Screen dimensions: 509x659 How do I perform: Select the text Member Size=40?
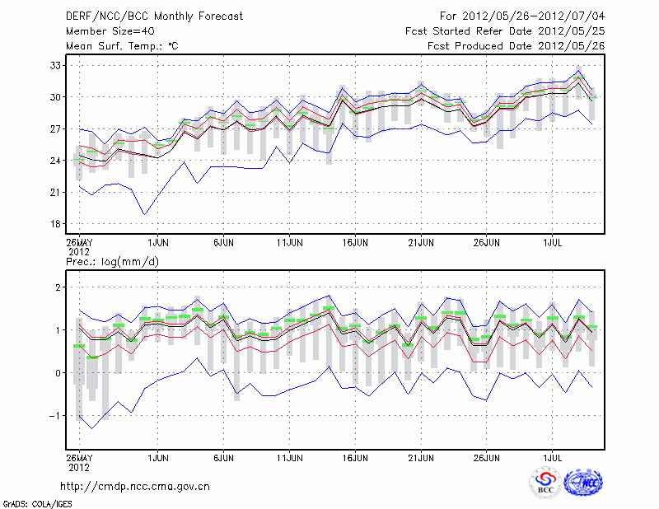click(x=106, y=31)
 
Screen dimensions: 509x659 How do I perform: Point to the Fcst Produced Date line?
click(x=516, y=46)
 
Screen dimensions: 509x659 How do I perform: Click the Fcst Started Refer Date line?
click(x=505, y=31)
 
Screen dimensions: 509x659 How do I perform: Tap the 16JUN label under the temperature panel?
click(x=355, y=242)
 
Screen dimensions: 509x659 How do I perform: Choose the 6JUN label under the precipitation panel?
click(x=223, y=455)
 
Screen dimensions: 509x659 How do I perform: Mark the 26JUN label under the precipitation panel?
click(x=487, y=455)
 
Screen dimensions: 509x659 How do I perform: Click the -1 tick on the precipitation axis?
click(x=58, y=416)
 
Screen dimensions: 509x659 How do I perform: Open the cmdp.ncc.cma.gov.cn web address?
click(x=135, y=486)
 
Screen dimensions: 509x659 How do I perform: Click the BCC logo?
click(x=545, y=483)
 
